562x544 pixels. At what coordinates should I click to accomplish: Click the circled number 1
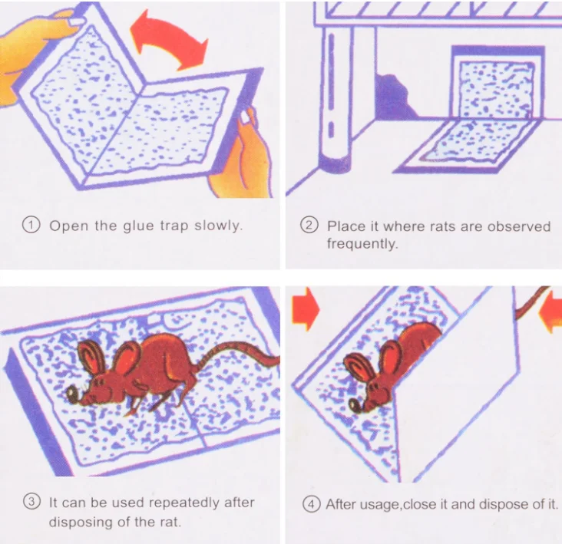click(31, 225)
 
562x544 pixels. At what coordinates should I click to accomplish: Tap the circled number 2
click(309, 226)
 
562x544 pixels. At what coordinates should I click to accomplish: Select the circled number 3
click(32, 502)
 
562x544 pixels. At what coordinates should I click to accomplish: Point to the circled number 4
click(312, 504)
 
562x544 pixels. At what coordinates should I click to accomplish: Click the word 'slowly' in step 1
click(218, 226)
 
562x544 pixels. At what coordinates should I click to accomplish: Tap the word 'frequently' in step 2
click(362, 243)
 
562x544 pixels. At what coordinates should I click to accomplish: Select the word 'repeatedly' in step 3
click(184, 503)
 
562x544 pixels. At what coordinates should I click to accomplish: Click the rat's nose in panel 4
click(355, 405)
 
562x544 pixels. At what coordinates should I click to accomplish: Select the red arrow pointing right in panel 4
click(306, 308)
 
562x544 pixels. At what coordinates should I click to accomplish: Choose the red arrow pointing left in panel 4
click(550, 312)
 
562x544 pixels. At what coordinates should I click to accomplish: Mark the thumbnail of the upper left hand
click(77, 21)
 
